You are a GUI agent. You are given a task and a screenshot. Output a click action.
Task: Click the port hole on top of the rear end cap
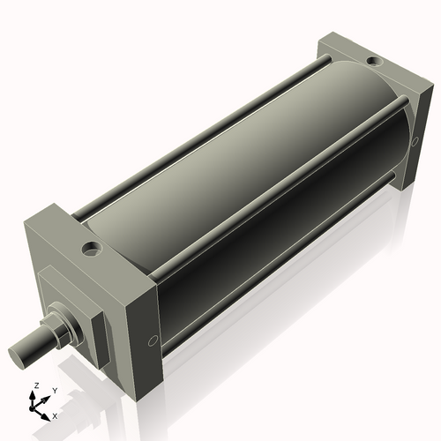pyautogui.click(x=374, y=62)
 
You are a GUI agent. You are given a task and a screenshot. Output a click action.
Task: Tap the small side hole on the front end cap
pyautogui.click(x=155, y=339)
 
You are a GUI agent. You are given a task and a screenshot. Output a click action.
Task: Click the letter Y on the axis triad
pyautogui.click(x=54, y=390)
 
